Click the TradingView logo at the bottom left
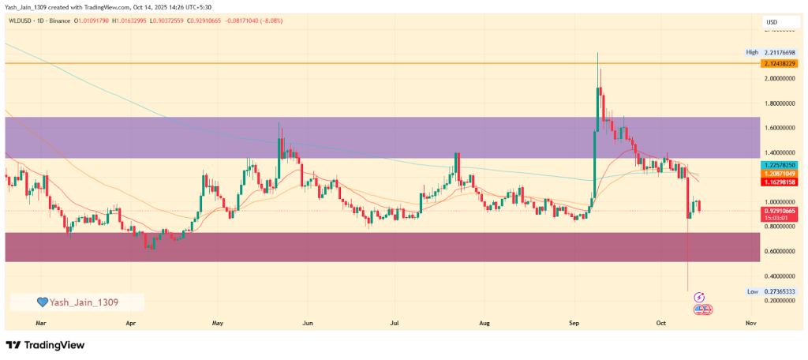(45, 346)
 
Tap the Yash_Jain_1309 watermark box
(77, 302)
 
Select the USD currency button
(772, 22)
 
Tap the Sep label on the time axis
(574, 323)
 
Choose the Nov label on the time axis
(750, 323)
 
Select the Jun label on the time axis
(308, 323)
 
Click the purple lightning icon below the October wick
(698, 298)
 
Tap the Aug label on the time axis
(484, 323)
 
